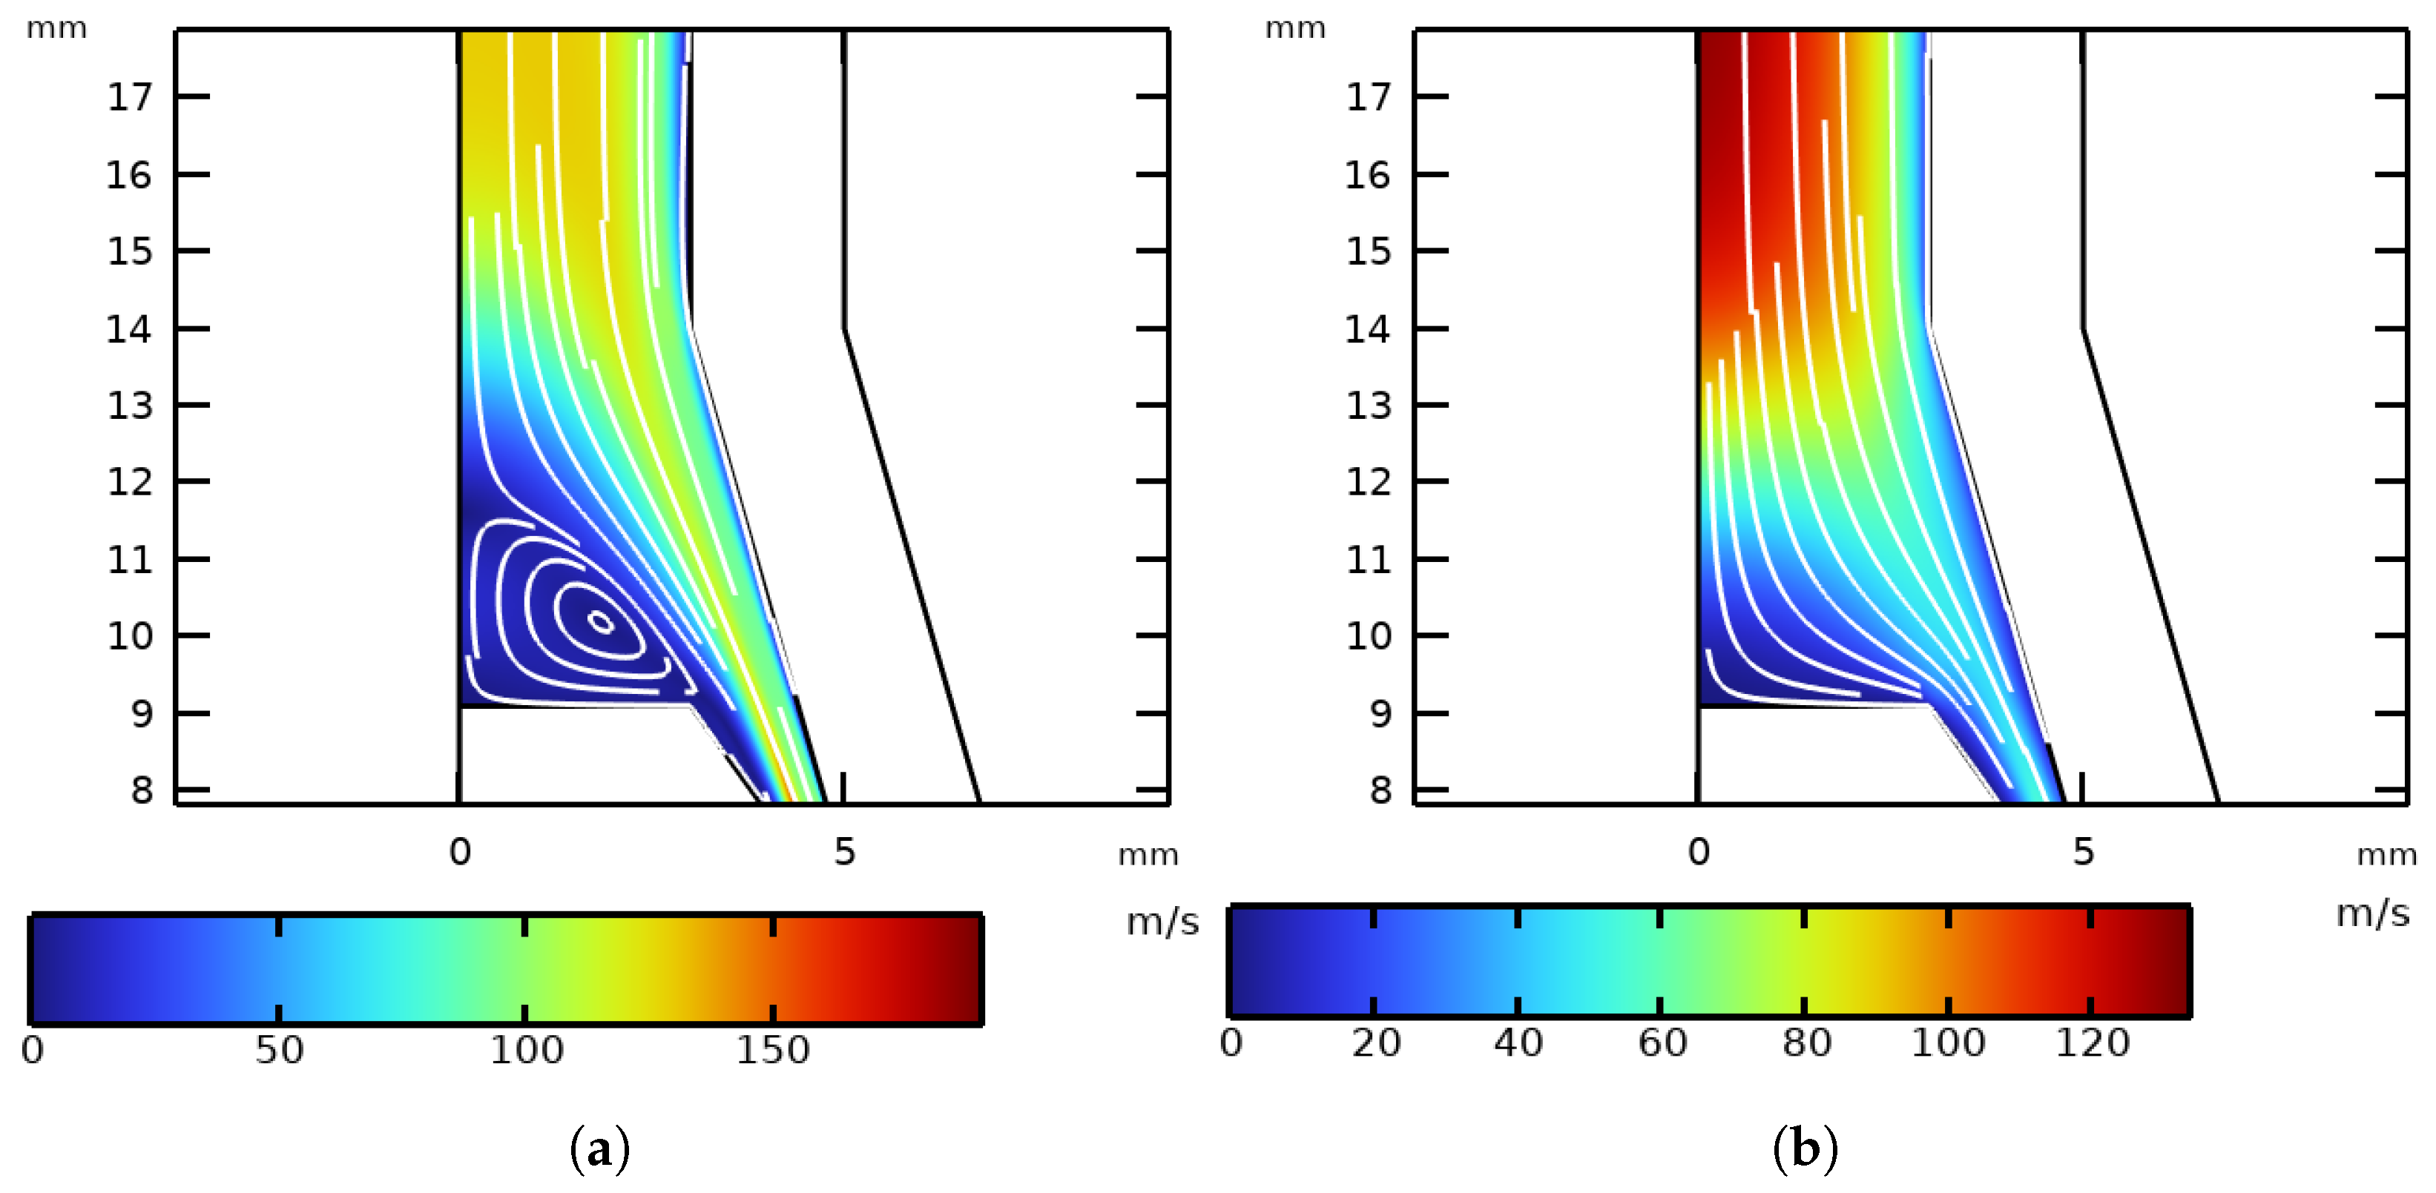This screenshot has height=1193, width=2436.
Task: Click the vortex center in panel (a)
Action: (x=602, y=622)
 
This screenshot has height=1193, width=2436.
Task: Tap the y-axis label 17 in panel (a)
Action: (x=130, y=97)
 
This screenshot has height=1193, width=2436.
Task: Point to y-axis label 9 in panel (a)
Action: (x=142, y=714)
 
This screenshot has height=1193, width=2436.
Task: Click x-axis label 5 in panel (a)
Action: (x=844, y=853)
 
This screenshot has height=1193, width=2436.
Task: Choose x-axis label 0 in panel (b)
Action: (x=1699, y=853)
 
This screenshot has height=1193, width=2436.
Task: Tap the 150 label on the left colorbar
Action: (x=773, y=1050)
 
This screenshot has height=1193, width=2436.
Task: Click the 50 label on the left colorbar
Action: (x=279, y=1050)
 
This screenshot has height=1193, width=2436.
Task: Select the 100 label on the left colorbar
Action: (x=526, y=1050)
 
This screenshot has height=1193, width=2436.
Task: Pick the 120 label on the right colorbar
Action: (x=2093, y=1042)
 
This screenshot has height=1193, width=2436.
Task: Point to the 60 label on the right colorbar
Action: (x=1662, y=1042)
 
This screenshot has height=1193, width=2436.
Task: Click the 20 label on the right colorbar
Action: (x=1375, y=1042)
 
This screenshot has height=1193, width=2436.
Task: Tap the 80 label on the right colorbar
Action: (x=1806, y=1042)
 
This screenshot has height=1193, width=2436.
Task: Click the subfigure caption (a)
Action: (x=599, y=1149)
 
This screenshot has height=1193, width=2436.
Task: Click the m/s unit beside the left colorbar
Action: (x=1162, y=922)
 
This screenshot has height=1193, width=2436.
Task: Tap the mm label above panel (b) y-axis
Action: (x=1296, y=28)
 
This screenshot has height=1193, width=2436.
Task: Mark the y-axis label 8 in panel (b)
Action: (x=1380, y=790)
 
